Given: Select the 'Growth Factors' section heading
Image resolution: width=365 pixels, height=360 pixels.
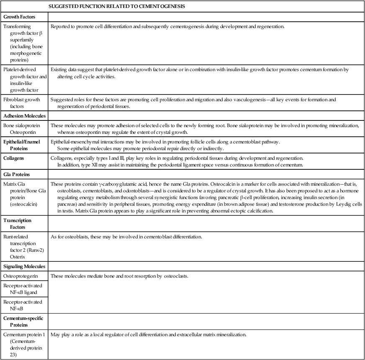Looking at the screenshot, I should (x=19, y=17).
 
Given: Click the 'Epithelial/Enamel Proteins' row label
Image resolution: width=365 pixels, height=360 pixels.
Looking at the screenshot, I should (x=22, y=145).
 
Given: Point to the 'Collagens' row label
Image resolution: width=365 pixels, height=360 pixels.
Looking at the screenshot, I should (x=14, y=158).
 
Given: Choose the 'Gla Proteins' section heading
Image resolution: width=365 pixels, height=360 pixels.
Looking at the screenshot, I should (x=17, y=174).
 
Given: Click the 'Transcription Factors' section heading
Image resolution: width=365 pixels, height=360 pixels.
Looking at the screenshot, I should (x=18, y=224).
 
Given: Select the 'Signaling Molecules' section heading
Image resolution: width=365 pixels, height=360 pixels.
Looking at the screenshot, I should (x=24, y=266).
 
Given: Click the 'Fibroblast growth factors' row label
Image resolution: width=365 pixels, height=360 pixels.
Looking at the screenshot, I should (x=21, y=102).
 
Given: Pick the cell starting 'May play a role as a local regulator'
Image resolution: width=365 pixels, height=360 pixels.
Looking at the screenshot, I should (x=149, y=335).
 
